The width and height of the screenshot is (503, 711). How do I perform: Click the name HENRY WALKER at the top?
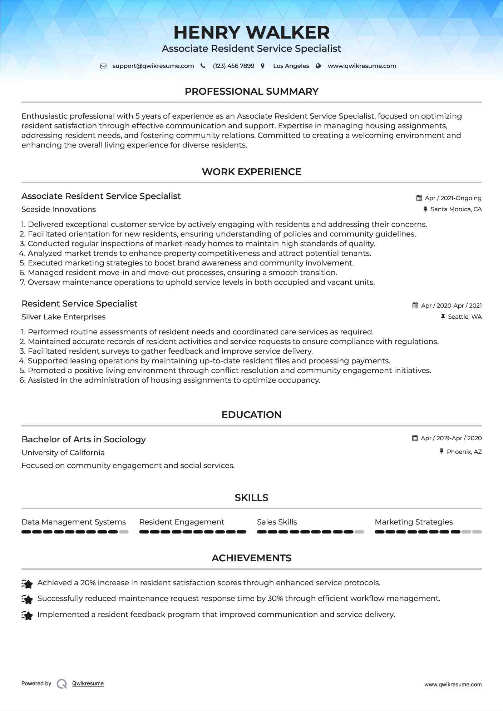(251, 33)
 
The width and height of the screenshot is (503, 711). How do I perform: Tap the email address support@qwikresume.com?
(153, 66)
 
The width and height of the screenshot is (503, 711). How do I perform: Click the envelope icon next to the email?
(103, 66)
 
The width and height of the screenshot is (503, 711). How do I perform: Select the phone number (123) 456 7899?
(233, 66)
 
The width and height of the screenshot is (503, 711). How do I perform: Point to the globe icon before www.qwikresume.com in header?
(318, 66)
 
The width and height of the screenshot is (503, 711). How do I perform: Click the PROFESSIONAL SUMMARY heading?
(251, 91)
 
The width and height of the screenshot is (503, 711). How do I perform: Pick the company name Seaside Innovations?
(59, 209)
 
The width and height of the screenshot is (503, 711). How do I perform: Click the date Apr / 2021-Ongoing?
(453, 198)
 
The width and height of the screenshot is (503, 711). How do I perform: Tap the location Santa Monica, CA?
(456, 209)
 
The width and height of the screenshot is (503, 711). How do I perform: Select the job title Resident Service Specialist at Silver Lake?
(79, 304)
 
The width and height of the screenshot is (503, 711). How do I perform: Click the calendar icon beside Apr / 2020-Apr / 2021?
(415, 305)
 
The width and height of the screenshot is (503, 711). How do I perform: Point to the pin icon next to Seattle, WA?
(443, 317)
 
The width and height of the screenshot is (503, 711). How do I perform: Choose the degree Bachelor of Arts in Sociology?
(84, 439)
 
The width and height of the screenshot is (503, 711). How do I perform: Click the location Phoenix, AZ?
(464, 452)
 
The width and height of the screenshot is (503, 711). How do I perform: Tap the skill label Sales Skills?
(277, 522)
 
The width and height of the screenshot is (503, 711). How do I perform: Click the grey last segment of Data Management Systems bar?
(124, 532)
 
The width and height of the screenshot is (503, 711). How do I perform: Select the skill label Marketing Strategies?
(414, 522)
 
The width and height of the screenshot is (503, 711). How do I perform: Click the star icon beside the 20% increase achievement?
(27, 583)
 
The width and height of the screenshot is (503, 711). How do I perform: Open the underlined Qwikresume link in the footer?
(88, 683)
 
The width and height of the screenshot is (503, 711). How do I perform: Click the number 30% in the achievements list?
(275, 598)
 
